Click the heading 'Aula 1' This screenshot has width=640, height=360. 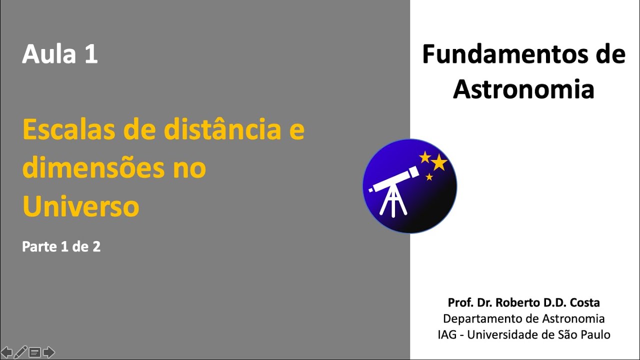point(60,54)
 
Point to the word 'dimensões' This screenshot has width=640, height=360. point(89,168)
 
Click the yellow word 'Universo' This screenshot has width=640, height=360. point(80,206)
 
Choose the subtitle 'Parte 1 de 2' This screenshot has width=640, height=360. point(61,246)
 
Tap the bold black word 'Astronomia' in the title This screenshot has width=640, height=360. point(523,89)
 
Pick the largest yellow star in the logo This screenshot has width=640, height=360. point(439,162)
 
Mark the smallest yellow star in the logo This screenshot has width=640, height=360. point(429,176)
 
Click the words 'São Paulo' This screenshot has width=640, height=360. point(589,334)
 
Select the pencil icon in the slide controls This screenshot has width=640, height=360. point(20,352)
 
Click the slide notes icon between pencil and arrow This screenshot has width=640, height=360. point(34,352)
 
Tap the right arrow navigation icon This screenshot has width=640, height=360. point(48,352)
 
